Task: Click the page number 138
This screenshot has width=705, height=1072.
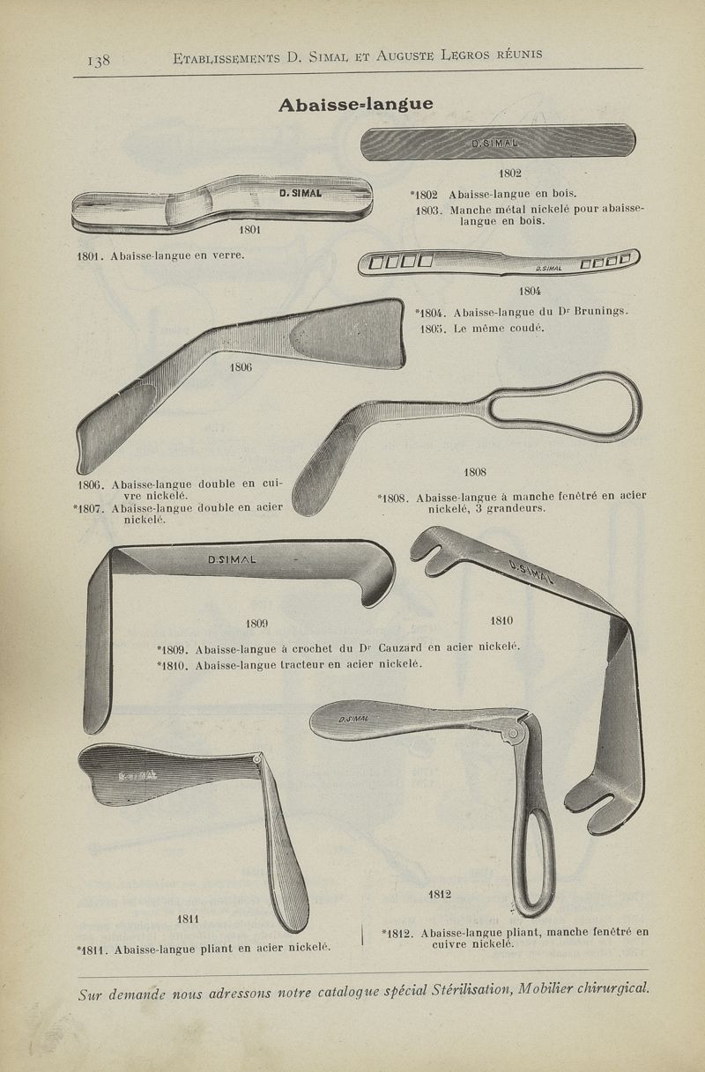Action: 99,60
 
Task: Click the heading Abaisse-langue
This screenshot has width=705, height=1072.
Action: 356,105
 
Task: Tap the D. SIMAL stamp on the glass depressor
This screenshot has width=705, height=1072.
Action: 301,193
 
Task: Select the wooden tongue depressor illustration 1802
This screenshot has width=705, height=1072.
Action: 498,142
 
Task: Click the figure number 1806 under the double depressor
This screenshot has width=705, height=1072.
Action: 241,367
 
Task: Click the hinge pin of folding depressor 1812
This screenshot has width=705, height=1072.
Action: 514,733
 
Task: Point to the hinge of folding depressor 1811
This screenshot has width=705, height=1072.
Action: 257,759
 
